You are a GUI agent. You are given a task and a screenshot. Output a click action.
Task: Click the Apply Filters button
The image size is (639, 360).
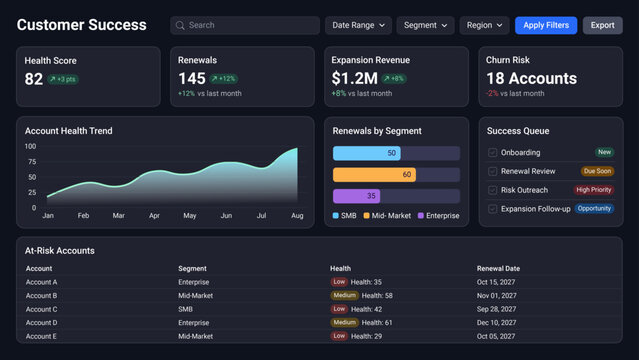coord(546,25)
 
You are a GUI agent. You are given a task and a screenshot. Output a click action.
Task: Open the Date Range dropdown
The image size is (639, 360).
coord(358,25)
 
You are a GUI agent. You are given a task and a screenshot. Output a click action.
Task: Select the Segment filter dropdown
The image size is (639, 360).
coord(425,25)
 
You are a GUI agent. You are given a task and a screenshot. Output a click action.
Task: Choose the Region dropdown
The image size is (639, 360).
coord(484,25)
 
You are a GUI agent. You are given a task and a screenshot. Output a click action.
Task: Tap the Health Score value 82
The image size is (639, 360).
coord(34,79)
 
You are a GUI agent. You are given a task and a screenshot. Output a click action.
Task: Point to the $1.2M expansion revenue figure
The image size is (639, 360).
coord(354,79)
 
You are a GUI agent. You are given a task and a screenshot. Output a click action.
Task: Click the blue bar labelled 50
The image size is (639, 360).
coord(367,153)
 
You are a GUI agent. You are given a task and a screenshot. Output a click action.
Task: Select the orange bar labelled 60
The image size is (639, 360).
coord(374,174)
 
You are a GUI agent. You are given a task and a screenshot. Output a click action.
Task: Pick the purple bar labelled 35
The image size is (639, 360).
coord(357,196)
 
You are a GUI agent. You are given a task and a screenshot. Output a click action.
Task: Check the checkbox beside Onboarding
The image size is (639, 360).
coord(492,153)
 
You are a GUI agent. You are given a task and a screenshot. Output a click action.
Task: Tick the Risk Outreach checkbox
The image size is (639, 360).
coord(492,190)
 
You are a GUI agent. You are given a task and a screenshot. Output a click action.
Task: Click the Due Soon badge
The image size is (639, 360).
coord(597,171)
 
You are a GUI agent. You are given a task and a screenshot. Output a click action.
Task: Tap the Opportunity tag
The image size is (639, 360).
coord(594,209)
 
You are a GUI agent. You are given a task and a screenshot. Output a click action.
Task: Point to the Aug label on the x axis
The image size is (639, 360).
coord(297,216)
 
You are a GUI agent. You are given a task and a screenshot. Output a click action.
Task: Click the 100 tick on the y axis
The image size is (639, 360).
coord(30,146)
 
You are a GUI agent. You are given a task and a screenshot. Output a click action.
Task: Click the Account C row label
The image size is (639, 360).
coord(41,310)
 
